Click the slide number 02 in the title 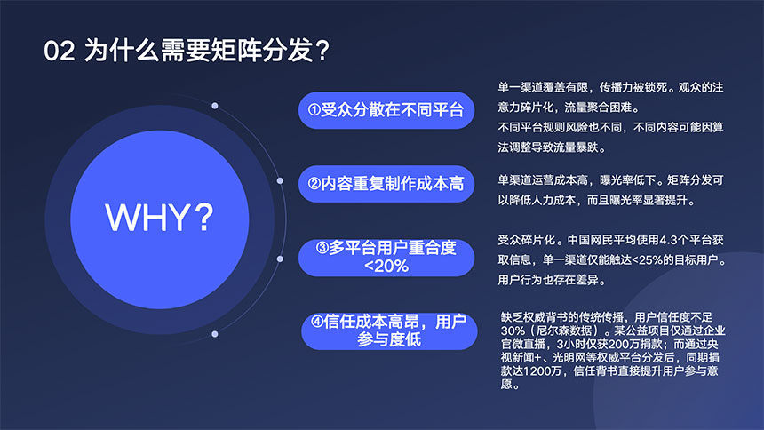[x=58, y=51]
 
